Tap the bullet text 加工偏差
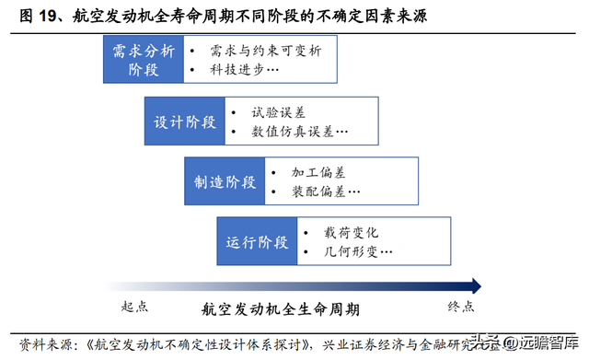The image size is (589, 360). (x=318, y=172)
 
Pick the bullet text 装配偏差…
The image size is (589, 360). (x=324, y=192)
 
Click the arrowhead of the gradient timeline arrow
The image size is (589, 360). (x=473, y=285)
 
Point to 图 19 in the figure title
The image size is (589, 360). (x=36, y=16)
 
